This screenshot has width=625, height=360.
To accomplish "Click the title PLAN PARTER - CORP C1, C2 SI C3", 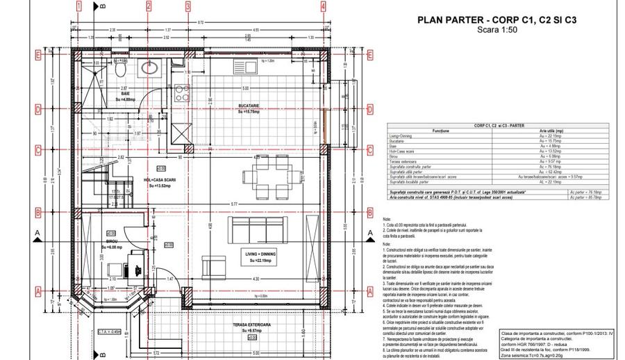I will click(x=497, y=20).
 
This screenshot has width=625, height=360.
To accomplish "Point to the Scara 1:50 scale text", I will click(x=497, y=30).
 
